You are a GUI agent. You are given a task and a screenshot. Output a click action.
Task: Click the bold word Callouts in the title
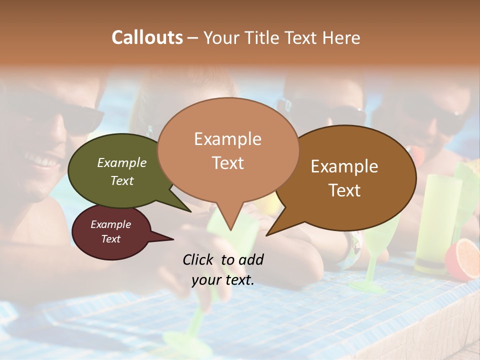[147, 37]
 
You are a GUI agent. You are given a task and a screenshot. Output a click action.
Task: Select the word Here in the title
[342, 37]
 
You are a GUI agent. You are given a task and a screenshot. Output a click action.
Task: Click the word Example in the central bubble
[227, 139]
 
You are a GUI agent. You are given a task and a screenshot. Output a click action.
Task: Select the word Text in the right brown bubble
[344, 190]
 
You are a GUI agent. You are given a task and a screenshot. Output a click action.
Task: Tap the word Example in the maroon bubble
[110, 224]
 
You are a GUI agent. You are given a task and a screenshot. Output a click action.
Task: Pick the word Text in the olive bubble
[122, 180]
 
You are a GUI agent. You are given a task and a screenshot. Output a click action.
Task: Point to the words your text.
[222, 280]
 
